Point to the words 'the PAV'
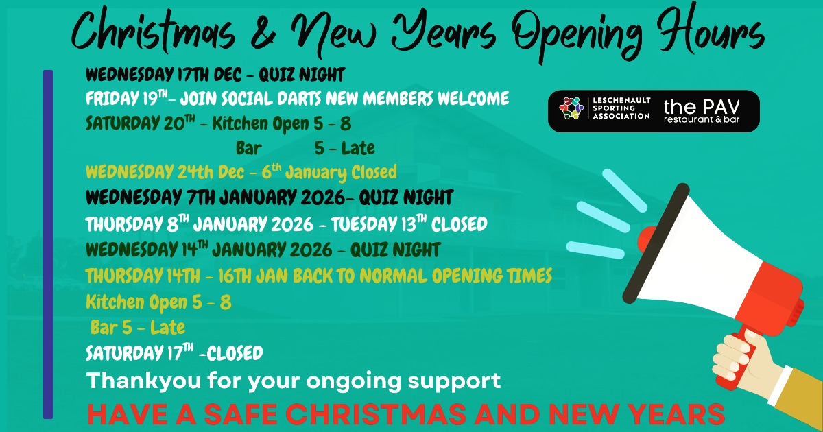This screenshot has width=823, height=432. (702, 106)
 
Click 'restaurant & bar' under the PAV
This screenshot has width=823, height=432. (702, 121)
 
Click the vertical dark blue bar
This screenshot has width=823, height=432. (48, 243)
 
